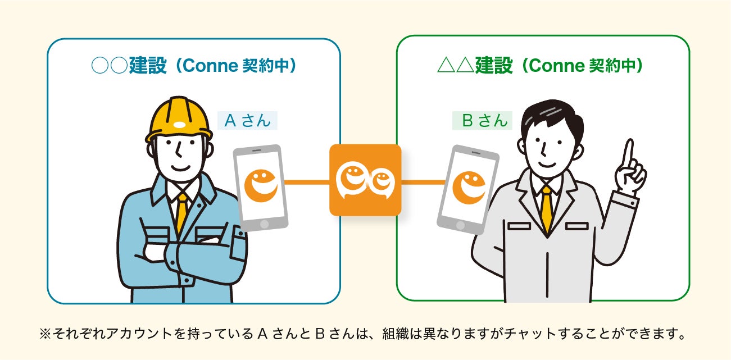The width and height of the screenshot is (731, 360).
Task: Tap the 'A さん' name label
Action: pyautogui.click(x=247, y=121)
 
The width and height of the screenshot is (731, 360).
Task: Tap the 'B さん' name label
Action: pyautogui.click(x=482, y=121)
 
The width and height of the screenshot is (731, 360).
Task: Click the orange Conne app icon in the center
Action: pyautogui.click(x=365, y=180)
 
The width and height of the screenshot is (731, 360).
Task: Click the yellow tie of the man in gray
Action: pyautogui.click(x=546, y=208)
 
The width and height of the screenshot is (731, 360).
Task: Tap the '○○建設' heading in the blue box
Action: pyautogui.click(x=129, y=66)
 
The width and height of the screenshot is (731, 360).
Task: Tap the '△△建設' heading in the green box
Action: pyautogui.click(x=475, y=66)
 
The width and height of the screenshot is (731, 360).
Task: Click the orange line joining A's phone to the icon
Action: pyautogui.click(x=306, y=182)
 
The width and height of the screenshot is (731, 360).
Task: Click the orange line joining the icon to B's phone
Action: pyautogui.click(x=423, y=182)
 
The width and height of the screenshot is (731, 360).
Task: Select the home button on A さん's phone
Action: pyautogui.click(x=265, y=223)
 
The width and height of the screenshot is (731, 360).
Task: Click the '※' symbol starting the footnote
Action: pyautogui.click(x=45, y=335)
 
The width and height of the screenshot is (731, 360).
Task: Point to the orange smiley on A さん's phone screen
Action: pyautogui.click(x=261, y=185)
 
